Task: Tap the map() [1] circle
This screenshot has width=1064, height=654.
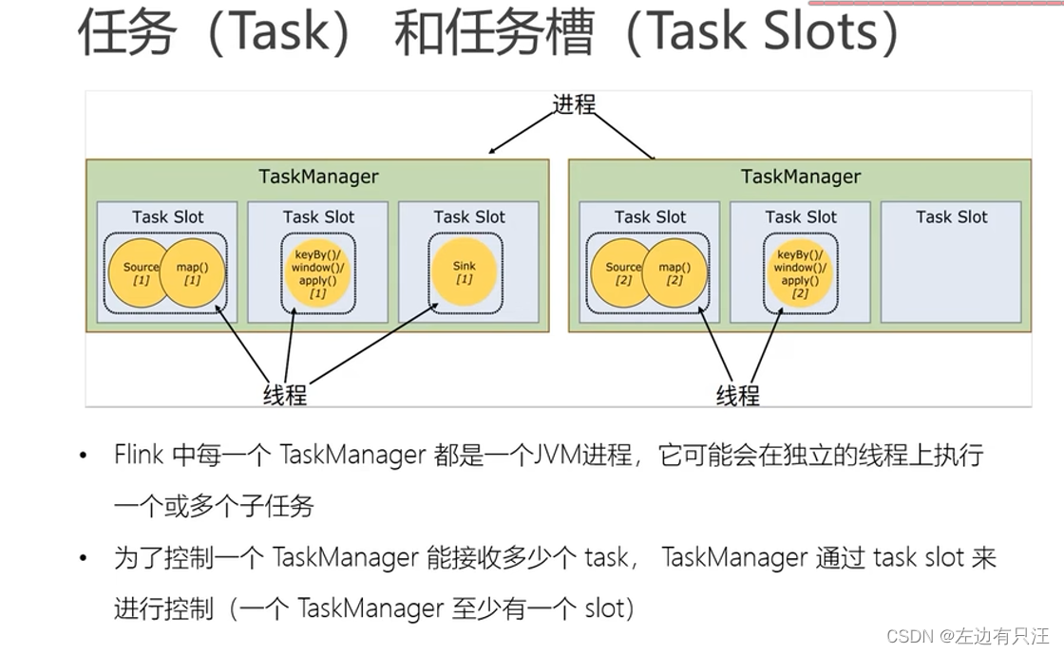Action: [193, 273]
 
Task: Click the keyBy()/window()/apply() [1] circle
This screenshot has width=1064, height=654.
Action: [317, 272]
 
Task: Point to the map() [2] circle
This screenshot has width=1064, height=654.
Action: [675, 273]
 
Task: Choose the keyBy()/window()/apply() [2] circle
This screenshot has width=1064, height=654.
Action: [800, 273]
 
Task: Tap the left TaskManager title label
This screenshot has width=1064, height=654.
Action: [318, 177]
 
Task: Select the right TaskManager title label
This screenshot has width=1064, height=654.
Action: [801, 177]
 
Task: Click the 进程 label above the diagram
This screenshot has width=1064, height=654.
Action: [575, 103]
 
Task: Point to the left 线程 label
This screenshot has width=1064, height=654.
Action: [285, 395]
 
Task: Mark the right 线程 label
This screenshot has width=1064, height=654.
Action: [738, 395]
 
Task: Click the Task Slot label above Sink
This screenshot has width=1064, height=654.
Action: [469, 217]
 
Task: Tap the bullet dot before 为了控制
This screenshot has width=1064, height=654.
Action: [85, 558]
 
